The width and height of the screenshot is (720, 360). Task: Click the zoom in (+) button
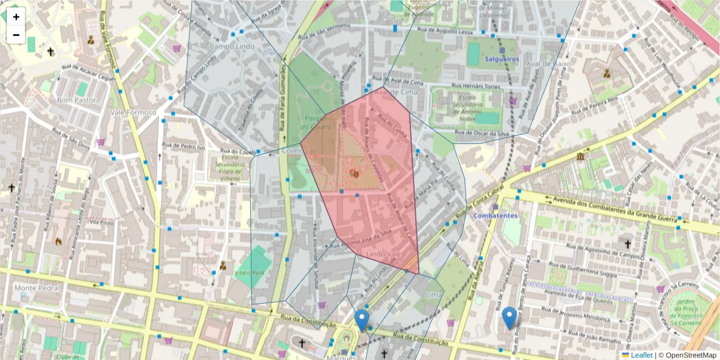[x=16, y=17]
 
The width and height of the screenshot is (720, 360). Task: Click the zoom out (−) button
[x=16, y=35]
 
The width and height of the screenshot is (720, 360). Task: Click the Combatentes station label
[x=495, y=215]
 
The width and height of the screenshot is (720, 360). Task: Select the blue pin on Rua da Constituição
[x=361, y=319]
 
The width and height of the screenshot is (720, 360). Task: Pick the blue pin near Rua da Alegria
[x=509, y=317]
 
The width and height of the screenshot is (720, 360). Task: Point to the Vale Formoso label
[x=133, y=112]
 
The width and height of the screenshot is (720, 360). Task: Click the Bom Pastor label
[x=76, y=100]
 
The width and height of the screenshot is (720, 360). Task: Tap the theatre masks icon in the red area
[x=355, y=173]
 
